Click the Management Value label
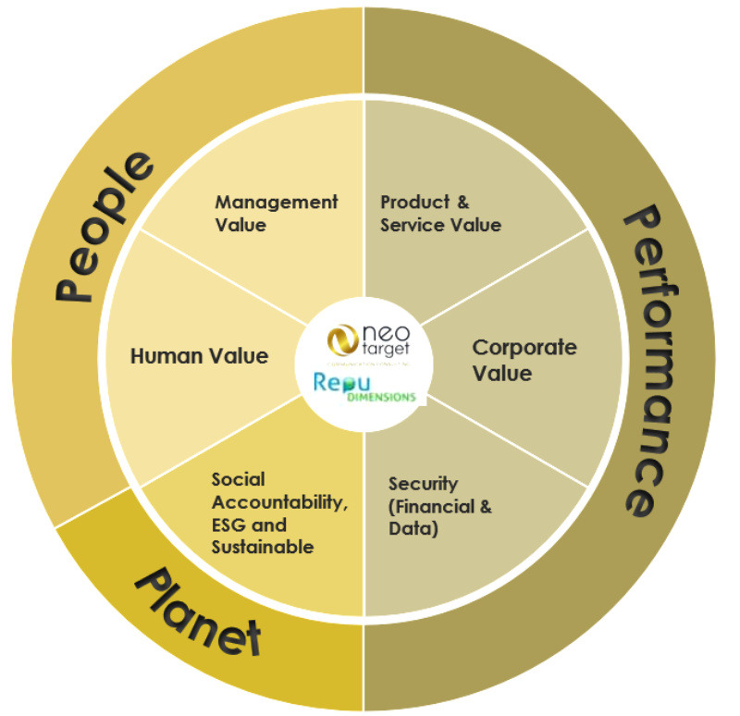pyautogui.click(x=276, y=213)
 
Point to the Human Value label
pyautogui.click(x=199, y=355)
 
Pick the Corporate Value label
pyautogui.click(x=524, y=360)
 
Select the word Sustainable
pyautogui.click(x=262, y=547)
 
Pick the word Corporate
pyautogui.click(x=524, y=348)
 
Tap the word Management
pyautogui.click(x=276, y=202)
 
